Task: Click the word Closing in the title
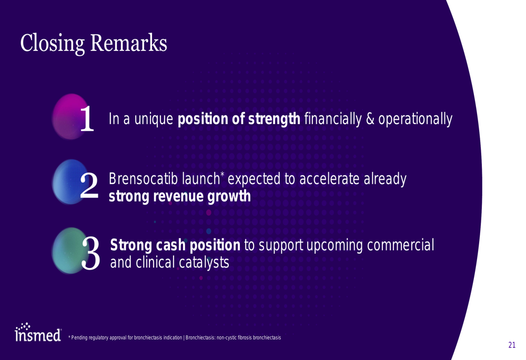coord(52,44)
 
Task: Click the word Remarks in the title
coord(128,43)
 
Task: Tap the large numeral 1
coord(87,118)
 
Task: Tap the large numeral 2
coord(89,185)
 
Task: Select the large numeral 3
coord(90,253)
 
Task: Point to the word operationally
coord(416,119)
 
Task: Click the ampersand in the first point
coord(370,119)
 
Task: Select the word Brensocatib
coord(143,179)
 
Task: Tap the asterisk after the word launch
coord(222,174)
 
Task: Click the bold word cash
coord(170,245)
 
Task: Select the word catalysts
coord(204,262)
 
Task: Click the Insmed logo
coord(38,332)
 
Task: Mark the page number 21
coord(512,345)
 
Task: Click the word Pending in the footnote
coord(79,337)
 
